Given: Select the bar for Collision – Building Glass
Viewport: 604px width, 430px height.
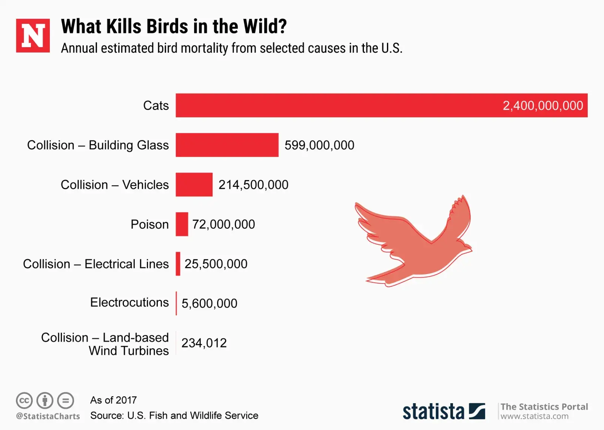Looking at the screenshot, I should coord(227,145).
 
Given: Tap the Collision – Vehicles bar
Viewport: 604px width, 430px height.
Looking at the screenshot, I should coord(194,185).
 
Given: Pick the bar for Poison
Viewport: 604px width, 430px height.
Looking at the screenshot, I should coord(182,224).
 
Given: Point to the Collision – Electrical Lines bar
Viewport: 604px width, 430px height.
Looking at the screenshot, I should coord(178,264).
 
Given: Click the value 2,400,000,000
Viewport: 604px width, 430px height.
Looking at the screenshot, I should coord(542,106).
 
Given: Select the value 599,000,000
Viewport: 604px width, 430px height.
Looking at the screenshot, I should coord(319,145).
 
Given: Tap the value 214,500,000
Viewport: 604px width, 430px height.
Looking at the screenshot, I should coord(253,185).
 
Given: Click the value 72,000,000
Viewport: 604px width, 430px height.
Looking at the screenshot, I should coord(223,225).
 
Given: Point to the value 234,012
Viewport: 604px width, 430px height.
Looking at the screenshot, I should coord(204,343).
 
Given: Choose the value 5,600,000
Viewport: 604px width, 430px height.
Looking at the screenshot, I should coord(209,304).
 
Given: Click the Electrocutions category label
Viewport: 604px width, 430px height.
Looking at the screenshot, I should coord(129,302).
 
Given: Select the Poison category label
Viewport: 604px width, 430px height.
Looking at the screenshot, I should coord(149,224).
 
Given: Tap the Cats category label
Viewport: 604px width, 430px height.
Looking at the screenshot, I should coord(156,106).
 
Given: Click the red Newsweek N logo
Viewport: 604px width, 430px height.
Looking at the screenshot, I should coord(33,35).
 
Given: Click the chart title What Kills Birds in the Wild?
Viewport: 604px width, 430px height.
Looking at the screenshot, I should coord(174,26).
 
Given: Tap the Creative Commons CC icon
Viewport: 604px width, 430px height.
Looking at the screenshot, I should coord(24,401).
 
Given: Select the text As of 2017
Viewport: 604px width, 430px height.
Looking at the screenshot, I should coord(113,400).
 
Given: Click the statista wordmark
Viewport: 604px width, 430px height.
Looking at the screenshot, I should coord(433,411).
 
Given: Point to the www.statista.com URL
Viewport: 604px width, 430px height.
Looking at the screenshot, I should coord(534,416).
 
